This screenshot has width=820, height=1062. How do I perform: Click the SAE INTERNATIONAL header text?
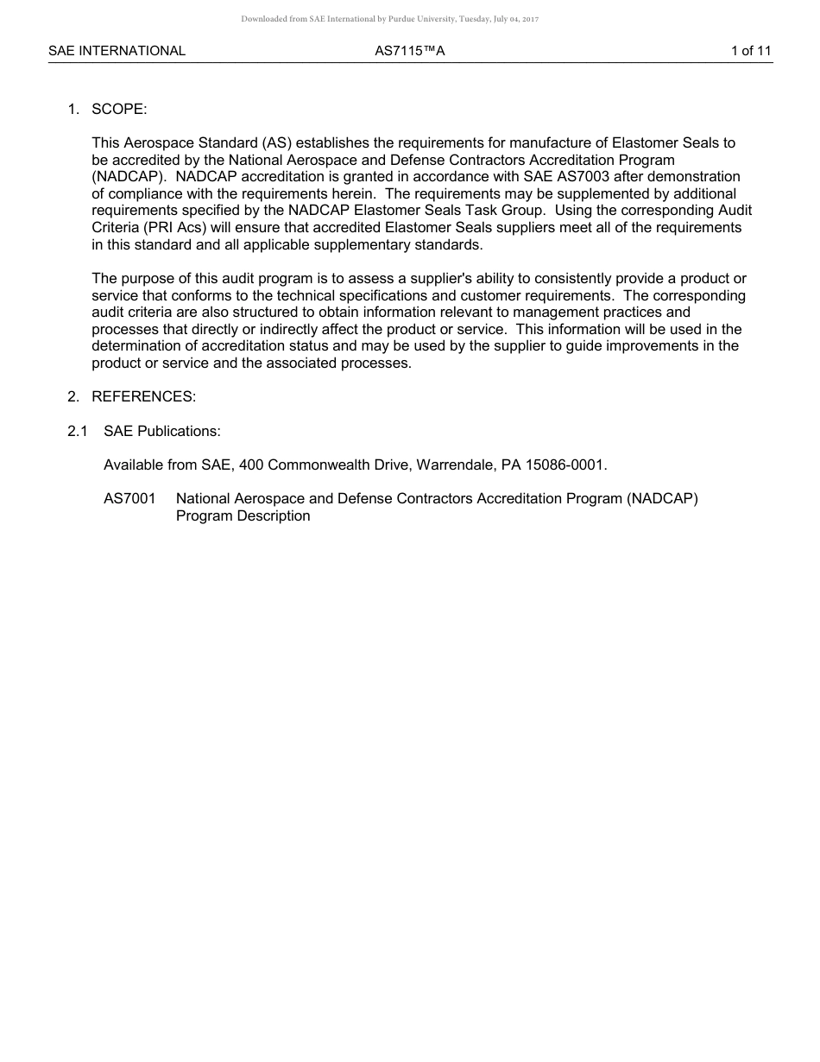pyautogui.click(x=117, y=51)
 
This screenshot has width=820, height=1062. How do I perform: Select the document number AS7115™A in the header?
pyautogui.click(x=409, y=51)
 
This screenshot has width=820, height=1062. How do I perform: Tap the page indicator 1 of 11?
pyautogui.click(x=750, y=51)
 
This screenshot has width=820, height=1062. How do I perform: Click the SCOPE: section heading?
pyautogui.click(x=119, y=110)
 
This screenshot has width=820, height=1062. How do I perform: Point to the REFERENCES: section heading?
pyautogui.click(x=143, y=397)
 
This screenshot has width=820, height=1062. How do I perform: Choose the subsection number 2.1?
pyautogui.click(x=78, y=431)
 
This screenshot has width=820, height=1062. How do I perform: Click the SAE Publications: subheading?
pyautogui.click(x=162, y=431)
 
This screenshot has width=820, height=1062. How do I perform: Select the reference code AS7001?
pyautogui.click(x=129, y=499)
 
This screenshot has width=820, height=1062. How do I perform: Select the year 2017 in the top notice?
pyautogui.click(x=529, y=19)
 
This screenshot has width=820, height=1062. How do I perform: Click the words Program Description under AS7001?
pyautogui.click(x=243, y=516)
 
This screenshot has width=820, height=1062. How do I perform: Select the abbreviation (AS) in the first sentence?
pyautogui.click(x=276, y=143)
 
